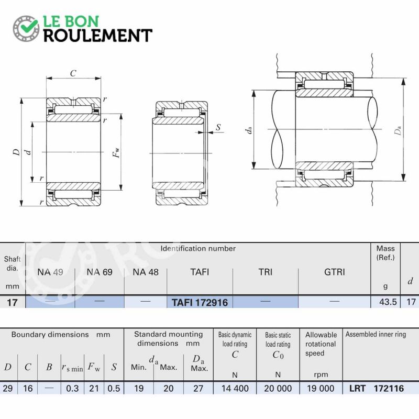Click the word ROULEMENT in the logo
pyautogui.click(x=98, y=36)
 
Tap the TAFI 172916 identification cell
pyautogui.click(x=200, y=303)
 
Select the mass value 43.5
pyautogui.click(x=388, y=302)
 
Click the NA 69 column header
pyautogui.click(x=100, y=272)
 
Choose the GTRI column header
pyautogui.click(x=334, y=272)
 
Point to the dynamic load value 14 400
pyautogui.click(x=235, y=388)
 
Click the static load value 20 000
pyautogui.click(x=278, y=388)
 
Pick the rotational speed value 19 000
pyautogui.click(x=321, y=388)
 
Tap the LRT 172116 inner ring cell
pyautogui.click(x=377, y=388)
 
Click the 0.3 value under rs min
pyautogui.click(x=72, y=388)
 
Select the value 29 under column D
pyautogui.click(x=8, y=388)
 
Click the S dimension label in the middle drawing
pyautogui.click(x=218, y=127)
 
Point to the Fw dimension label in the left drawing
pyautogui.click(x=116, y=152)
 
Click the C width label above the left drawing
pyautogui.click(x=73, y=73)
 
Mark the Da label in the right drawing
pyautogui.click(x=398, y=130)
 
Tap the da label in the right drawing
pyautogui.click(x=248, y=130)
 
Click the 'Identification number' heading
pyautogui.click(x=198, y=248)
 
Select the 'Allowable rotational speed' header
pyautogui.click(x=321, y=344)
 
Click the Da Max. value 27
pyautogui.click(x=198, y=388)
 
